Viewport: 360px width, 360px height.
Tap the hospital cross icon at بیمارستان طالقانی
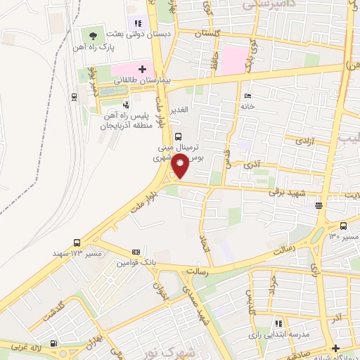[142, 69]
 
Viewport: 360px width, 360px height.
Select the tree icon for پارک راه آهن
[93, 35]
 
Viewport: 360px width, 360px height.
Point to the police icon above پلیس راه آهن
[125, 105]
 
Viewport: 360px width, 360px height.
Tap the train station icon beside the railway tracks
[75, 96]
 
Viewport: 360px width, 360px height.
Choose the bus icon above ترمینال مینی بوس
[178, 136]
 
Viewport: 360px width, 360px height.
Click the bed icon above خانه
[246, 96]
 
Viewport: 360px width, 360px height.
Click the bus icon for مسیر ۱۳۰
[343, 226]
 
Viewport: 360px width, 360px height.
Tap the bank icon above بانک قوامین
[136, 252]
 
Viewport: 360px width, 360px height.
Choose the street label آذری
[251, 166]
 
